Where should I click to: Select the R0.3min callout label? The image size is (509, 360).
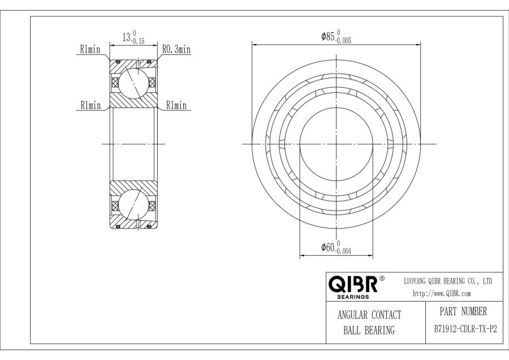click(x=176, y=50)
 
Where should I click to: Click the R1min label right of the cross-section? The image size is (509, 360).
click(x=176, y=105)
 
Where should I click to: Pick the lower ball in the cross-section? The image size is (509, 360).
click(x=133, y=206)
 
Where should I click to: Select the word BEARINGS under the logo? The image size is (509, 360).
click(x=353, y=296)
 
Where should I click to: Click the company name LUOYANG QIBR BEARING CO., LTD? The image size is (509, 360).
click(x=448, y=281)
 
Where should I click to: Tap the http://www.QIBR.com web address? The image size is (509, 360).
click(x=442, y=293)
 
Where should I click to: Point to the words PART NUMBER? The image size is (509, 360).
click(x=463, y=311)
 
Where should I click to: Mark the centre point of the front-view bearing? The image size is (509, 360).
click(x=336, y=144)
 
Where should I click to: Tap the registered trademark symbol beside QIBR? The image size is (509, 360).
click(x=382, y=278)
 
